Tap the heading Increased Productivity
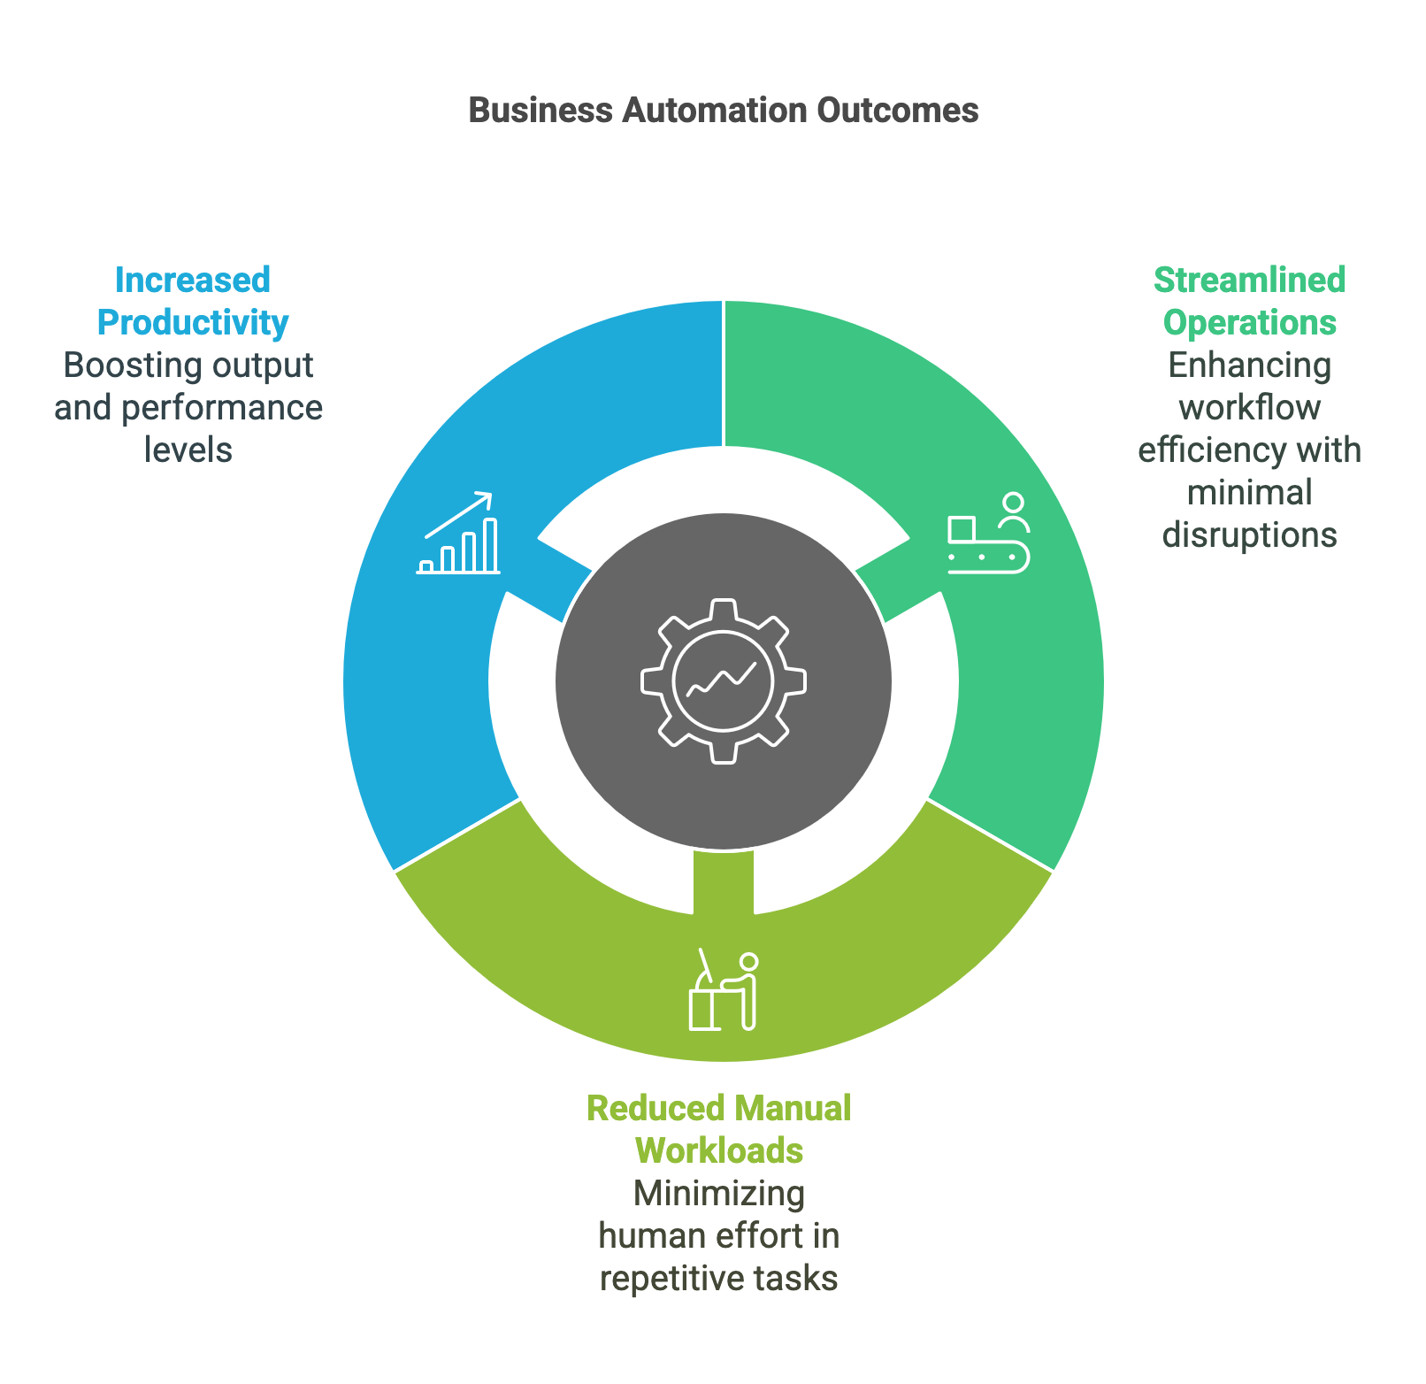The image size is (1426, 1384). [193, 301]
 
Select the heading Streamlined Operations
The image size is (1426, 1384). [1249, 301]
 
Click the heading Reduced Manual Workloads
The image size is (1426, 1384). [718, 1129]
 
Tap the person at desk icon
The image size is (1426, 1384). [724, 991]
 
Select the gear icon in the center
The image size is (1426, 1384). [724, 681]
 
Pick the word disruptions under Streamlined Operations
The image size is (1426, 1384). [1249, 535]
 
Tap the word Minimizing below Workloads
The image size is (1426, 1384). [719, 1194]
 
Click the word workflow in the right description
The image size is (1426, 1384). [1249, 408]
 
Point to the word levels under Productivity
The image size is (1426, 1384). [188, 450]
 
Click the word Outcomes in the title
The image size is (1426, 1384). [897, 111]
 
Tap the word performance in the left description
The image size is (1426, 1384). [222, 408]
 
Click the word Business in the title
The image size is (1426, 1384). [540, 111]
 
